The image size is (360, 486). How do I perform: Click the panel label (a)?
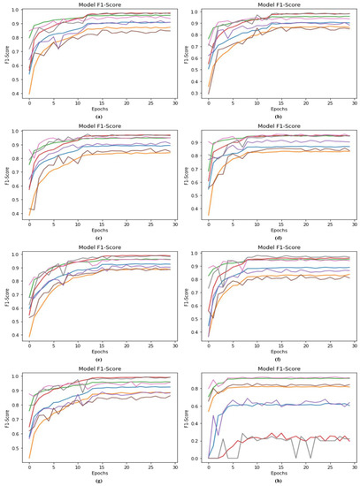tap(95, 115)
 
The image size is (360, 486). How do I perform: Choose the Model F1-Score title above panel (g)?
tap(95, 369)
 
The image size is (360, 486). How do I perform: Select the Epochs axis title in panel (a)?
tap(95, 108)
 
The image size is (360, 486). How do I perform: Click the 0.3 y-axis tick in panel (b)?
tap(193, 93)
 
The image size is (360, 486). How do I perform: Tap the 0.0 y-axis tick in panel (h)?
tap(193, 459)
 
